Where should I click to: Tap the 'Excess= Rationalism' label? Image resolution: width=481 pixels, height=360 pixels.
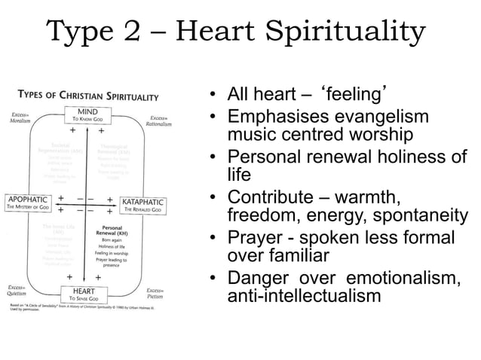pos(158,121)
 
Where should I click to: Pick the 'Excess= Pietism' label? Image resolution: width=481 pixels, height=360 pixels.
pos(155,293)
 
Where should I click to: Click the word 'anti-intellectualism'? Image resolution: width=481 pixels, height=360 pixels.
pos(304,296)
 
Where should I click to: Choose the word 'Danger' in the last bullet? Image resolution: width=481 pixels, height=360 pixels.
pos(258,278)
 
